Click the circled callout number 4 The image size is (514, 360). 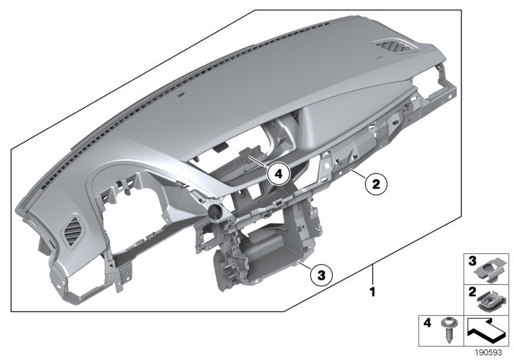278,173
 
